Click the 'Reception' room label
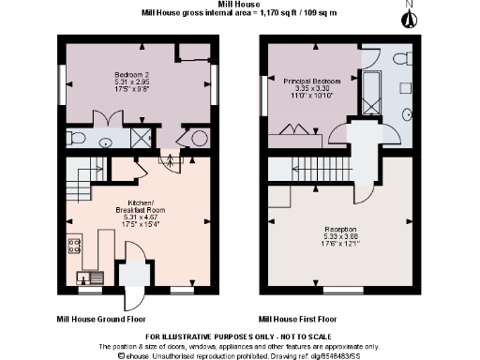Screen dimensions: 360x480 pyautogui.click(x=339, y=229)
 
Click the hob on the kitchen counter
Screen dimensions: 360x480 pyautogui.click(x=73, y=247)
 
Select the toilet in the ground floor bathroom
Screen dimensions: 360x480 pyautogui.click(x=77, y=139)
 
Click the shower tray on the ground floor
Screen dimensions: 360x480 pyautogui.click(x=141, y=138)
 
